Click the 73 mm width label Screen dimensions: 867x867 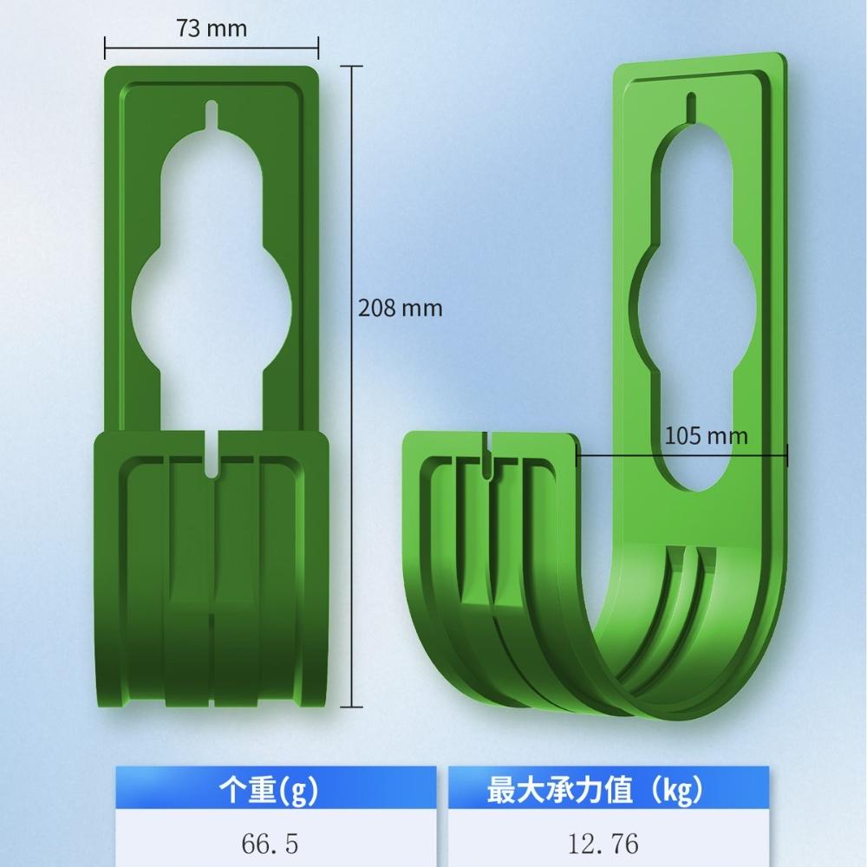point(212,29)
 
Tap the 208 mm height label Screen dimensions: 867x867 point(400,308)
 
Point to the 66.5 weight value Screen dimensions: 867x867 point(275,844)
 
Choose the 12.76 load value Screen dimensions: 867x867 point(607,844)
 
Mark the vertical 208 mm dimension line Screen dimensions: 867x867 point(351,217)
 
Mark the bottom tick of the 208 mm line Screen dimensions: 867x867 point(351,706)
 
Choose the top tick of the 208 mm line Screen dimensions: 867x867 point(351,66)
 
